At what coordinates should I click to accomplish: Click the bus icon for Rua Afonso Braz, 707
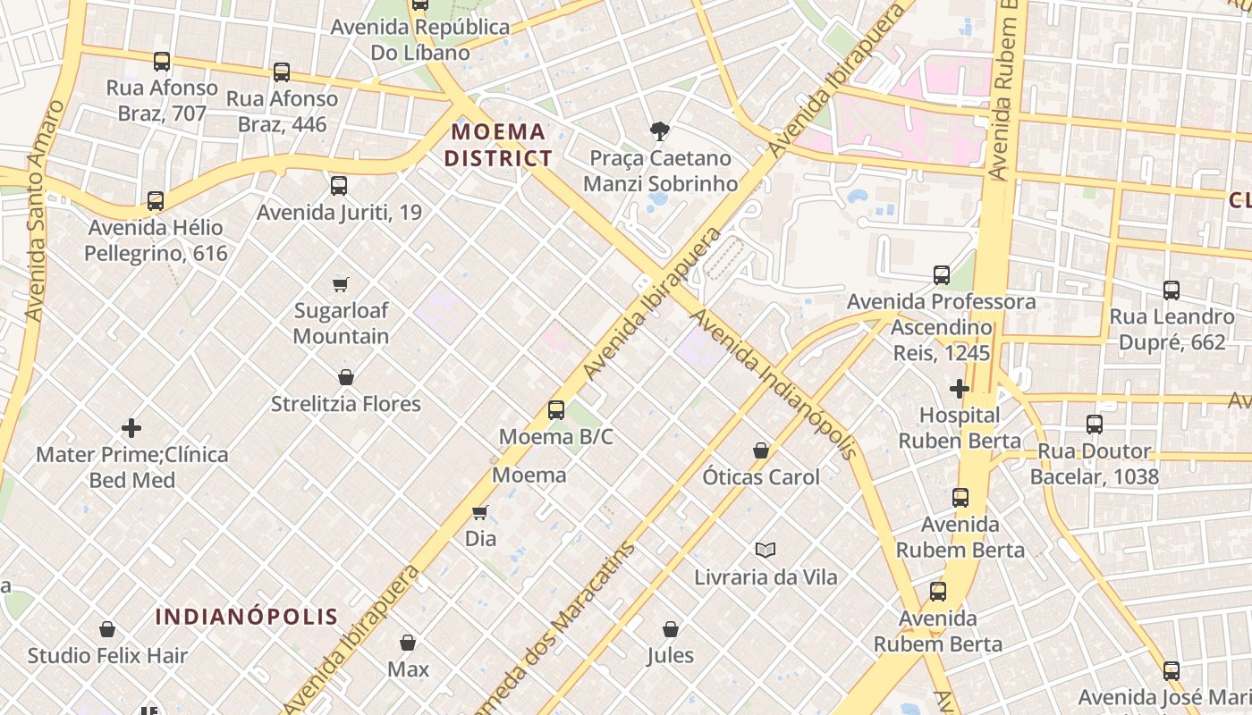coord(162,62)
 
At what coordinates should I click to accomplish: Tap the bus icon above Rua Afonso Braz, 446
coord(282,72)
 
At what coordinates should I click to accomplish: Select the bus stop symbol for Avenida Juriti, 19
coord(338,186)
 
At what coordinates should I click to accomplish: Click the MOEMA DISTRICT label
coord(499,146)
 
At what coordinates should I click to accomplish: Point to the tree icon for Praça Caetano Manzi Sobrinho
coord(660,132)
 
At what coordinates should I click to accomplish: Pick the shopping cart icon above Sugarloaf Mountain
coord(340,285)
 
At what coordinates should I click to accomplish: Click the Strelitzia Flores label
coord(346,404)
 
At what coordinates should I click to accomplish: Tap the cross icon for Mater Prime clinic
coord(131,428)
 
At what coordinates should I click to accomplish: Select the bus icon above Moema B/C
coord(556,410)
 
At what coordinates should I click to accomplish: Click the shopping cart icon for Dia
coord(480,513)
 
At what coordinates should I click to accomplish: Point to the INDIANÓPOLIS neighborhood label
coord(247,617)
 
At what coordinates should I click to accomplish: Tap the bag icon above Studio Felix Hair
coord(107,629)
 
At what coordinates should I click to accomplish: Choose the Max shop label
coord(408,669)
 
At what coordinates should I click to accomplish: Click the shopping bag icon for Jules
coord(671,629)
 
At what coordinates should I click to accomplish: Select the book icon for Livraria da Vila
coord(766,550)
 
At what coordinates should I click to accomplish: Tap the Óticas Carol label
coord(760,477)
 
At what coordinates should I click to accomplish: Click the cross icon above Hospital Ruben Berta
coord(960,389)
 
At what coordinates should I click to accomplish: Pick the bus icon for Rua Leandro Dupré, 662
coord(1172,290)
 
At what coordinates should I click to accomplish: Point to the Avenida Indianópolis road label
coord(774,384)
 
